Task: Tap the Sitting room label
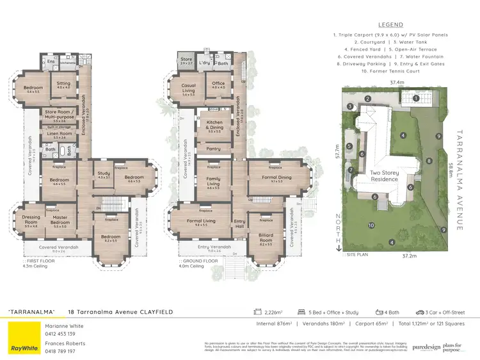coord(63,83)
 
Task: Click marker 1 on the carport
coord(415,98)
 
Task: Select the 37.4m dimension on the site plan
coord(397,83)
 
